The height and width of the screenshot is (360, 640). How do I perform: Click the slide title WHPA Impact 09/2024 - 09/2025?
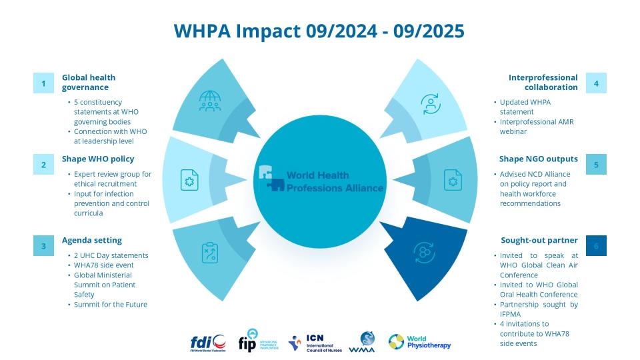click(x=319, y=31)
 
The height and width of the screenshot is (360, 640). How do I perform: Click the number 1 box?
click(x=43, y=83)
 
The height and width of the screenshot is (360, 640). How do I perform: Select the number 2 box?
click(x=43, y=164)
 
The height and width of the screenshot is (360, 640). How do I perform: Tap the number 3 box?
click(x=43, y=245)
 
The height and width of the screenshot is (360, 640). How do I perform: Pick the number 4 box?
click(x=596, y=83)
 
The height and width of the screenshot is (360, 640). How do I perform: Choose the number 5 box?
click(x=596, y=164)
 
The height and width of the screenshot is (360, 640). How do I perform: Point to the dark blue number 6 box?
click(x=596, y=245)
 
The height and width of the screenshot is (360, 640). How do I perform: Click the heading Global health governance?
click(x=89, y=82)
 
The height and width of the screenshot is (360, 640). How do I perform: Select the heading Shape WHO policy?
click(x=98, y=159)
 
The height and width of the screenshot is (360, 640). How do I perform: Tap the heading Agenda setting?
click(x=92, y=240)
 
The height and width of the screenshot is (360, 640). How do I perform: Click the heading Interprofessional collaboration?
click(x=543, y=82)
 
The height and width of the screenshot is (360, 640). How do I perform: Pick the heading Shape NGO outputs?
click(x=538, y=159)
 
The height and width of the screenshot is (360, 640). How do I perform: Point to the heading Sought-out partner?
click(x=539, y=240)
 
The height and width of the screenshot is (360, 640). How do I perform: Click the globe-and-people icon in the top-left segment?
click(x=209, y=101)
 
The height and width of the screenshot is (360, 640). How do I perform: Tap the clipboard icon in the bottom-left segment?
click(x=210, y=253)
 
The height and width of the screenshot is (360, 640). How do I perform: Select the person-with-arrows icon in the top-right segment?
click(x=431, y=103)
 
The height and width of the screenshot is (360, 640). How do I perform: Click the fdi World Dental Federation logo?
click(x=207, y=343)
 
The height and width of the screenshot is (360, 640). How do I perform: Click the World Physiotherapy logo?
click(x=420, y=342)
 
